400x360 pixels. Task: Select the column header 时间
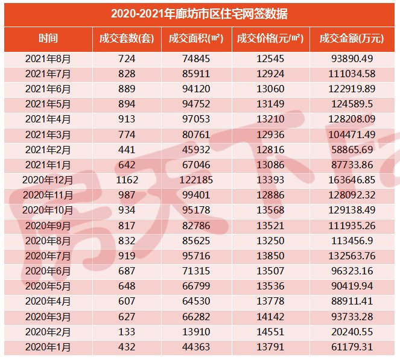point(48,39)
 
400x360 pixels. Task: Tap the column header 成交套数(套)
point(127,39)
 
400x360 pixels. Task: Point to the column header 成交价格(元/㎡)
point(270,39)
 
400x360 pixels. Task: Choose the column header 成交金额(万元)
point(354,39)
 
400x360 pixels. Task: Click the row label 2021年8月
point(48,59)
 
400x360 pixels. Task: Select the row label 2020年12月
point(48,180)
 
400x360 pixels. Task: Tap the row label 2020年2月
point(48,332)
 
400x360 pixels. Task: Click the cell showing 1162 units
point(127,180)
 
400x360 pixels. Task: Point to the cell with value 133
point(127,332)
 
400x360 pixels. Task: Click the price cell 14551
point(270,332)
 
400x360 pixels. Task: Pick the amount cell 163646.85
point(354,180)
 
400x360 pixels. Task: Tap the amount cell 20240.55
point(354,332)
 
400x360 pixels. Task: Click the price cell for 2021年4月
point(270,119)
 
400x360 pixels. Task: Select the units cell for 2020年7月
point(127,256)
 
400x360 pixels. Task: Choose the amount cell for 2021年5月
point(354,104)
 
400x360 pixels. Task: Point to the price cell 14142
point(270,317)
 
